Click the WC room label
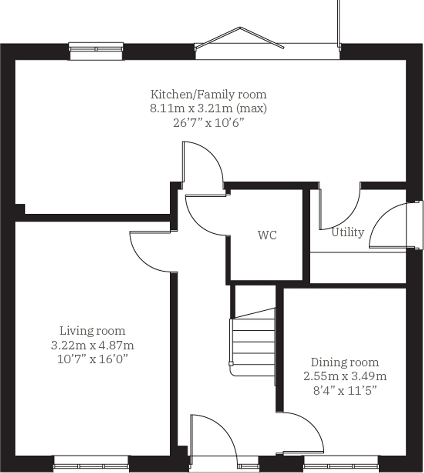coord(267,235)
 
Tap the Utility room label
coord(348,233)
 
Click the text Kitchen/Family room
coord(208,94)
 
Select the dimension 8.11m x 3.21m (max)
coord(208,109)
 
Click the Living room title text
coord(92,331)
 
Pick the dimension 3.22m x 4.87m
coord(92,345)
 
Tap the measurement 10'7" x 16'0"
coord(92,360)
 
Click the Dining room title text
coord(345,362)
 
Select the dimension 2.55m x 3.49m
coord(345,376)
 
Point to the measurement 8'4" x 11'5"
coord(345,391)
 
